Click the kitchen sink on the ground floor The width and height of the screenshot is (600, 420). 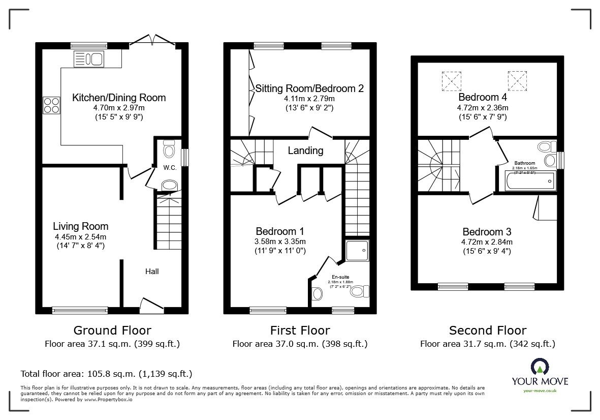88,58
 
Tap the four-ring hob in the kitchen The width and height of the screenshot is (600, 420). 51,105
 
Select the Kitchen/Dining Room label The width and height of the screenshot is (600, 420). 119,98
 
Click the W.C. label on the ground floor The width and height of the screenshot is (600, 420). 170,168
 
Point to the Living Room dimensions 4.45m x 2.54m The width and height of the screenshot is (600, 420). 81,237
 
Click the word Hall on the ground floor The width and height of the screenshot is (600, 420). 152,272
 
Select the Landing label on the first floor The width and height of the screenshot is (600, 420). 305,151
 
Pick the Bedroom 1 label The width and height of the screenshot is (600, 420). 280,230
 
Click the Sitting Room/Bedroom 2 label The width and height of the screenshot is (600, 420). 309,88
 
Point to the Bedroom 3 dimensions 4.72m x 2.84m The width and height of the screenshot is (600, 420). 488,242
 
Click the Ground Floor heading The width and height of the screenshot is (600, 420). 112,331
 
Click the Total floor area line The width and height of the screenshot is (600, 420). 106,374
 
